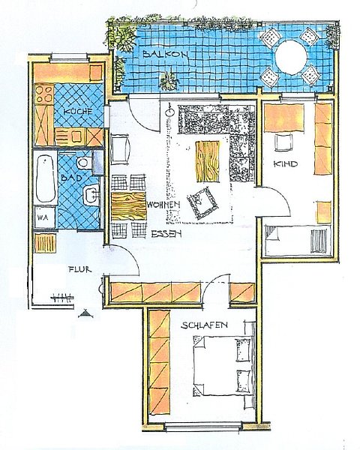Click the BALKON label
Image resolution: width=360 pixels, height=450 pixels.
[x=165, y=54]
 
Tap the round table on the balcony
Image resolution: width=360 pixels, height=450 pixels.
[x=291, y=58]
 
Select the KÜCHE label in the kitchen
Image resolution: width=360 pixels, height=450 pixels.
[x=78, y=111]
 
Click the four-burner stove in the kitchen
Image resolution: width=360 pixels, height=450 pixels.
[x=44, y=94]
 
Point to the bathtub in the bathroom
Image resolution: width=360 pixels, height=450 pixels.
[x=45, y=178]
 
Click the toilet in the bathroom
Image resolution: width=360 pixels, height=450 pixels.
[x=85, y=163]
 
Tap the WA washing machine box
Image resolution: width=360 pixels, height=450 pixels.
[x=45, y=217]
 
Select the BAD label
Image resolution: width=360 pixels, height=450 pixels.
[x=71, y=178]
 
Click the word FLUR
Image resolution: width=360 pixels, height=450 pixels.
[x=79, y=269]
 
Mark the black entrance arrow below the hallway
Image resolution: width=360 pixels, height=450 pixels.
[x=85, y=313]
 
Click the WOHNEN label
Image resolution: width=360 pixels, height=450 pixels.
[x=163, y=205]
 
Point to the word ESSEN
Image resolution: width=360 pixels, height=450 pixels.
[x=166, y=234]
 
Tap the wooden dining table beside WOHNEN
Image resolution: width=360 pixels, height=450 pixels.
[x=128, y=206]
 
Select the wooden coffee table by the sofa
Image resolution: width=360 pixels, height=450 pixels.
[x=207, y=161]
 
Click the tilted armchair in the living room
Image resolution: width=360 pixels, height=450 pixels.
[x=202, y=203]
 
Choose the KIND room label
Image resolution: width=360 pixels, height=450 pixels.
[x=285, y=163]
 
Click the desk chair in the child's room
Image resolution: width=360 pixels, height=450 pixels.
[x=283, y=142]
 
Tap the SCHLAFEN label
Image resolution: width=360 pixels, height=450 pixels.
[x=205, y=325]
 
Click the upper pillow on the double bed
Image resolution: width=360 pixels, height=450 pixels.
[x=243, y=349]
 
